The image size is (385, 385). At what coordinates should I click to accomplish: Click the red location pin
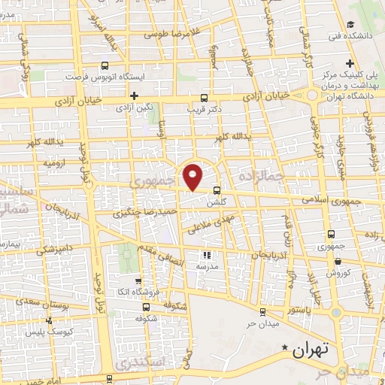[194, 176]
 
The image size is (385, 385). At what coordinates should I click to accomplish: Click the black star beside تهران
[284, 347]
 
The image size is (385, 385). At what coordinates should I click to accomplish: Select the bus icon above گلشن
[217, 190]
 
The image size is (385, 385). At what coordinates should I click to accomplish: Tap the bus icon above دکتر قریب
[204, 98]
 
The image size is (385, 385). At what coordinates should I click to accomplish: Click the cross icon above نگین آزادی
[134, 95]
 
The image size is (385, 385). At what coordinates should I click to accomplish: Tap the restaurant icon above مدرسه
[208, 255]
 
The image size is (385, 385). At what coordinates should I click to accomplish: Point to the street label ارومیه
[58, 162]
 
